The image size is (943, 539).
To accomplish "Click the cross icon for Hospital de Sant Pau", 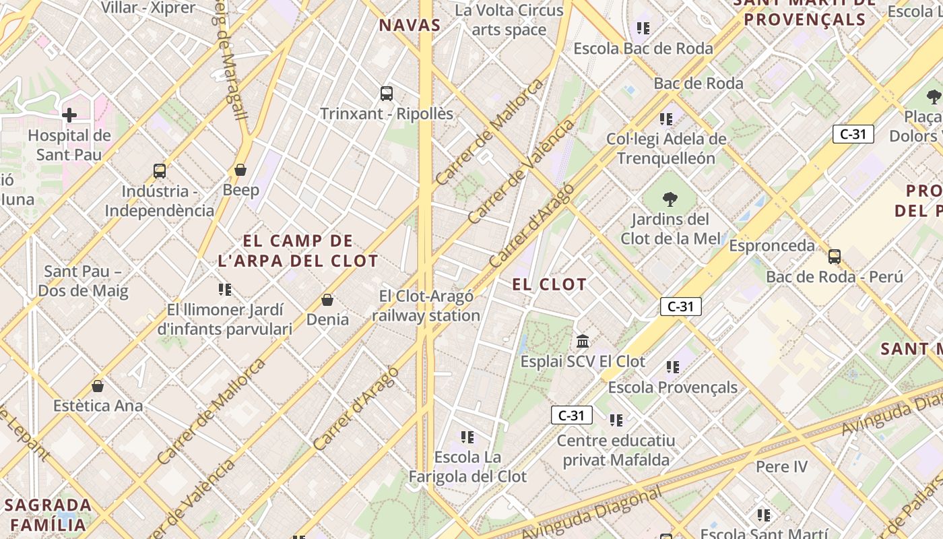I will coord(69,115).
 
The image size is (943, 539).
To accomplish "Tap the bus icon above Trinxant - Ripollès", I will coord(386,94).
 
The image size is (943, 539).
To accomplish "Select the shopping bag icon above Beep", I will coord(240,170).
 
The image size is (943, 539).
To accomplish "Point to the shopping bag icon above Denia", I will coord(327,299).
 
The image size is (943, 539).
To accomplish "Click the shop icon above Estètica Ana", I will coord(98,386).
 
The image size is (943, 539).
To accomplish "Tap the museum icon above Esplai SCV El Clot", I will coord(583,341).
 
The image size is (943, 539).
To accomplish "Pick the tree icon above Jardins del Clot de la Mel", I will coord(670,199).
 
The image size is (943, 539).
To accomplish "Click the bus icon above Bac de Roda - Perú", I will coord(835,257).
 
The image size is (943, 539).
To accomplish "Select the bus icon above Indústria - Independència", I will coord(160,171).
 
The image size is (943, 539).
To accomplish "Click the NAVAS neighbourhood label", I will coord(410,26).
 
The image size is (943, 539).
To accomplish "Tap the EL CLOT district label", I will coord(550,284).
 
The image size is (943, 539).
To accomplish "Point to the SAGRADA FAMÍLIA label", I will coord(48,515).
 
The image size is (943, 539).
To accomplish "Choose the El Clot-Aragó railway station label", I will coord(426,306).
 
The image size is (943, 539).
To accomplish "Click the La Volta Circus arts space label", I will coord(509,20).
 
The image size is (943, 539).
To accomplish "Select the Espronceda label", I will coord(772,245).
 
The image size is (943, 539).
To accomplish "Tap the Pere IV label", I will coord(781,466).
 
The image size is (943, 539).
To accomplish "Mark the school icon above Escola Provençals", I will coord(673,367).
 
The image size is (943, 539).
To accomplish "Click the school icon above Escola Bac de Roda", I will coord(643,28).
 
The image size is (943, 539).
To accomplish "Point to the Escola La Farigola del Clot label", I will coord(468,466).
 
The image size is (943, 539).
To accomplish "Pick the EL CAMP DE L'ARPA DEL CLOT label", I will coord(298,251).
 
